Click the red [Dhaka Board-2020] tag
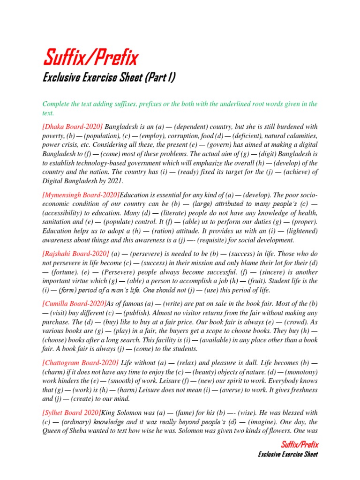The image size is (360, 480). tap(73, 127)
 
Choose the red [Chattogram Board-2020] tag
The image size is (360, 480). tap(81, 363)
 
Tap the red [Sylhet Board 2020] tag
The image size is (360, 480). tap(72, 412)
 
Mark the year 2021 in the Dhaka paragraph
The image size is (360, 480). tap(113, 181)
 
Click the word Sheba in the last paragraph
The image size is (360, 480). tap(82, 431)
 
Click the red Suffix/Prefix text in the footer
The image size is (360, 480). tap(300, 444)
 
